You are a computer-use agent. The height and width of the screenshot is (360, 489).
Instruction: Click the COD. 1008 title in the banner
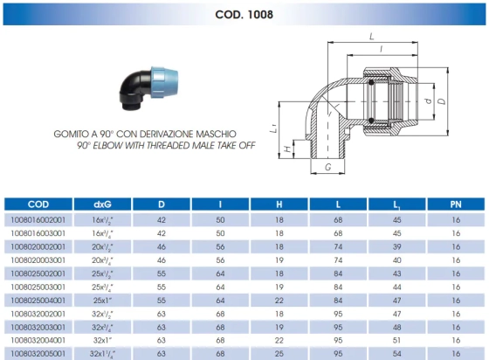244,14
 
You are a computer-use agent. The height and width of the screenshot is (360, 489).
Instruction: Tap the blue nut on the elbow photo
164,82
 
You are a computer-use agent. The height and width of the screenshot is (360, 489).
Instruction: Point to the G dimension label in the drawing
327,167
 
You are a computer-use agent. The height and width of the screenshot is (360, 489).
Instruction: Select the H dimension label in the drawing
288,149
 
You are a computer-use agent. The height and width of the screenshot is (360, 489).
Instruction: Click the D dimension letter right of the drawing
442,101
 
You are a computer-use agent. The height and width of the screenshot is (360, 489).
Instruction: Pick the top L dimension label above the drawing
371,37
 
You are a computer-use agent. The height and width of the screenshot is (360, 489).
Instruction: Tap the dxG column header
102,204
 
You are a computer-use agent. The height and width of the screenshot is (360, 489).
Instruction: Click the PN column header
456,204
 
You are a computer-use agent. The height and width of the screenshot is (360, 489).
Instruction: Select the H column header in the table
279,204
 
